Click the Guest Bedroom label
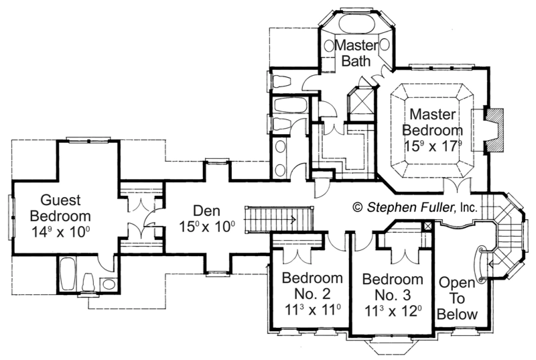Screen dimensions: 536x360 pos(60,208)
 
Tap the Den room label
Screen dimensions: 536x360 pos(206,211)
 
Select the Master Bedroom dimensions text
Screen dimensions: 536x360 pos(433,146)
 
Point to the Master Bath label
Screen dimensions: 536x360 pos(356,53)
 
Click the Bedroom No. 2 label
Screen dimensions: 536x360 pos(312,286)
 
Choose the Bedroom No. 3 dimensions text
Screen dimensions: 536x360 pos(393,312)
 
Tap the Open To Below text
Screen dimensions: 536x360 pos(457,298)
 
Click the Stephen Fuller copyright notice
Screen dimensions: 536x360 pos(415,207)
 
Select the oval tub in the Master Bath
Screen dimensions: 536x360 pos(356,23)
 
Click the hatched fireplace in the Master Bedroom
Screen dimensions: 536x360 pos(494,129)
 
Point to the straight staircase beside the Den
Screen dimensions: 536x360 pos(279,219)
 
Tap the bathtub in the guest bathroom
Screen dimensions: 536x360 pos(68,274)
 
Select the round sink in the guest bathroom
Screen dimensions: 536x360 pos(109,284)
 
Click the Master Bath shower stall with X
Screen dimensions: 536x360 pos(361,103)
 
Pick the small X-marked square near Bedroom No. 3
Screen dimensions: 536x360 pos(427,226)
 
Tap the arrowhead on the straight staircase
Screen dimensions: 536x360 pos(293,219)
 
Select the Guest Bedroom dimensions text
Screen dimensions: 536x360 pos(60,232)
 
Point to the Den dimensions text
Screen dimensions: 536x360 pos(207,227)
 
